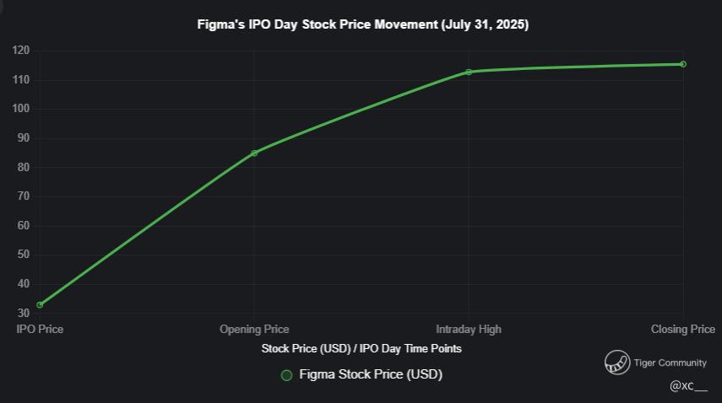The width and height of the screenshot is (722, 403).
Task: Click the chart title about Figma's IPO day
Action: (x=362, y=24)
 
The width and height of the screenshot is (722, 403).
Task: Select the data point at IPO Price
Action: (x=40, y=304)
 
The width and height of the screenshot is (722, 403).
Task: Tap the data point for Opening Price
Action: (x=254, y=153)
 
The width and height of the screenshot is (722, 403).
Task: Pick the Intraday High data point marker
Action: (x=469, y=72)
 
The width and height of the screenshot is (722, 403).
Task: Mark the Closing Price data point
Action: (x=682, y=64)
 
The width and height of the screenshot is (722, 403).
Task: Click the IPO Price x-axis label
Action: (x=40, y=329)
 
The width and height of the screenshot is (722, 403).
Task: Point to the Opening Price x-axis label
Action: (x=254, y=329)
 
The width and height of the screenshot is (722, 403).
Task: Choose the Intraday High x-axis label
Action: (x=469, y=329)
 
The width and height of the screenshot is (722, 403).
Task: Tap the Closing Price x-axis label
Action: (x=682, y=329)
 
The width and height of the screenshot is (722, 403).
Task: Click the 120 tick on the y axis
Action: (x=21, y=51)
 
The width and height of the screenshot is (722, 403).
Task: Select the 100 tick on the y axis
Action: (x=21, y=109)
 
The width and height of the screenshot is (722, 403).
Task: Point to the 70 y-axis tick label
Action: (x=24, y=196)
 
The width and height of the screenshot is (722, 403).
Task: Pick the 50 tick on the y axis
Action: (x=24, y=255)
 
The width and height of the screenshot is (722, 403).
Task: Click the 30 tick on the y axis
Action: (x=24, y=313)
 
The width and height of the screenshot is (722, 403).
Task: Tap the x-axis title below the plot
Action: (x=361, y=348)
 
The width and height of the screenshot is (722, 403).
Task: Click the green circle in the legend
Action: (x=286, y=375)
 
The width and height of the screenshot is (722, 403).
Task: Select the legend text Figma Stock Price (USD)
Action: (x=371, y=374)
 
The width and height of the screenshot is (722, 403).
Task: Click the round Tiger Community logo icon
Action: (x=617, y=363)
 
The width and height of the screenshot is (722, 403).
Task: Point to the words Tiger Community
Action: (x=670, y=363)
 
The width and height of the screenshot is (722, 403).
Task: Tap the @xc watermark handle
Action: (x=688, y=385)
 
